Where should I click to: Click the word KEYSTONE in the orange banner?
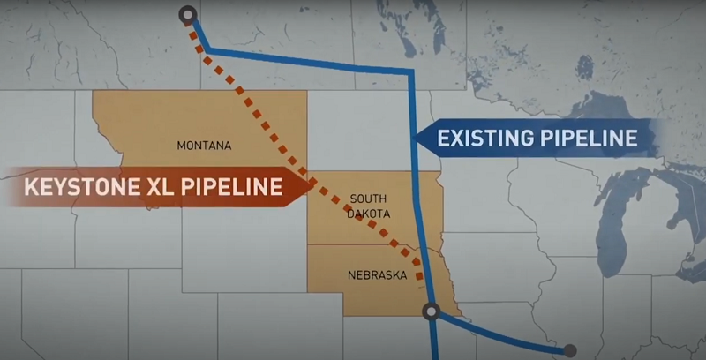85,187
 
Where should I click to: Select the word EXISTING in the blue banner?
488,139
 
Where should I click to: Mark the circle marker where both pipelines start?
187,14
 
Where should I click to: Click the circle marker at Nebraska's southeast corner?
431,310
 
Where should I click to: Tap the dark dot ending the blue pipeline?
570,350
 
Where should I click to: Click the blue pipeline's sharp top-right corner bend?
412,71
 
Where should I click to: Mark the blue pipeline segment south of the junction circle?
432,340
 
